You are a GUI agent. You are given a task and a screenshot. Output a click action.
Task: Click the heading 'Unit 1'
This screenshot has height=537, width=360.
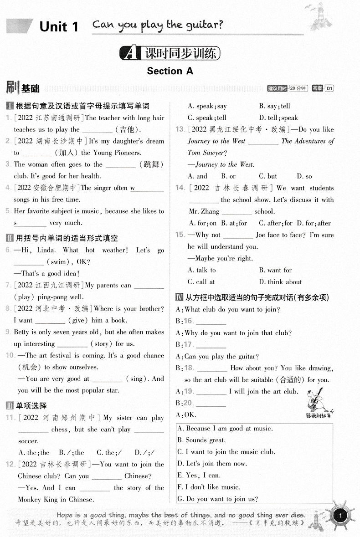[59, 27]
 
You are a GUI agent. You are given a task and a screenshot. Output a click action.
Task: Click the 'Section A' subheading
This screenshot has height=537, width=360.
[170, 71]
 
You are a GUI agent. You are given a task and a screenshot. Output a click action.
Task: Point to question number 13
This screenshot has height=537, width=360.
[180, 129]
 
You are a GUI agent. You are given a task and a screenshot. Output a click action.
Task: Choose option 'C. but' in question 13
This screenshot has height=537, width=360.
[268, 176]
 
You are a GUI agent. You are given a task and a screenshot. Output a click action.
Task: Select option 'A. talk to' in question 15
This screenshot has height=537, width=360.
[201, 270]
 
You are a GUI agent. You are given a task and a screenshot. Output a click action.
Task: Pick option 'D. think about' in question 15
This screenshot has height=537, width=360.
[280, 282]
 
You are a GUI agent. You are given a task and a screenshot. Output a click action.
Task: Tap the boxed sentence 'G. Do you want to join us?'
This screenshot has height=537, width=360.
[218, 499]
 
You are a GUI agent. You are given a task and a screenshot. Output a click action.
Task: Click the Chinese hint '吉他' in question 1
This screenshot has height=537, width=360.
[125, 130]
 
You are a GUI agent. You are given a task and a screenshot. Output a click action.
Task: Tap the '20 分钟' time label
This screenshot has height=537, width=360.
[298, 88]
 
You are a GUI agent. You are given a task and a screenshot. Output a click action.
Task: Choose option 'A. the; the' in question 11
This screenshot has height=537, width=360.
[34, 453]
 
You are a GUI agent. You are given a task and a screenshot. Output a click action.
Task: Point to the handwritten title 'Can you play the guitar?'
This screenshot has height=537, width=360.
[158, 25]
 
